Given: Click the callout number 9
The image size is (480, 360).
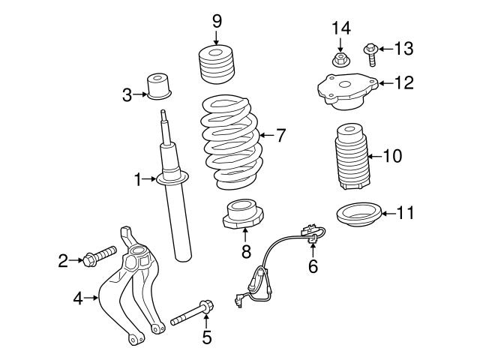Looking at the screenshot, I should [x=217, y=20].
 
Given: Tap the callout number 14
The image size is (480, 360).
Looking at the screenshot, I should [x=341, y=28].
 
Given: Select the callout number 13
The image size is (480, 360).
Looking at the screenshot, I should [x=403, y=49].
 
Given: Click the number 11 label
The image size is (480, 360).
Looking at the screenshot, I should [x=404, y=214].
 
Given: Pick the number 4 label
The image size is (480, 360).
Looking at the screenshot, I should [x=77, y=298].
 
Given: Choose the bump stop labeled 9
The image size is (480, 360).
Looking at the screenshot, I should [x=217, y=67].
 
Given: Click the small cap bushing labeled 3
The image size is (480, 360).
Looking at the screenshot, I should [x=159, y=85].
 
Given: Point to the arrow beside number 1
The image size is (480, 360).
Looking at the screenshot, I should [x=150, y=178].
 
